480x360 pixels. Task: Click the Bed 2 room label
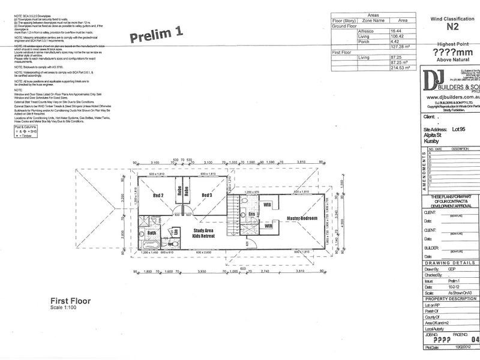coord(158,196)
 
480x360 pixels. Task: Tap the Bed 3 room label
coord(208,196)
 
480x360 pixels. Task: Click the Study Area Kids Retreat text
coord(204,233)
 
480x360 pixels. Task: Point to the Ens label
coord(253,214)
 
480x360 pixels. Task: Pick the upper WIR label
coord(268,205)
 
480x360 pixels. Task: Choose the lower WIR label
coord(269,227)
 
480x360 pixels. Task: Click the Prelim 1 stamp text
coord(155,35)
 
